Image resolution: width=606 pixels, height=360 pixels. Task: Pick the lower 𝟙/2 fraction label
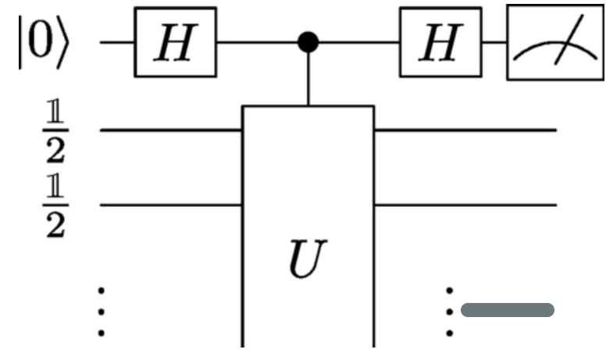(54, 205)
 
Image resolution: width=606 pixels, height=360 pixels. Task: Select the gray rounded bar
(508, 311)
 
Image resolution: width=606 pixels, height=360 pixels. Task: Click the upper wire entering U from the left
(172, 130)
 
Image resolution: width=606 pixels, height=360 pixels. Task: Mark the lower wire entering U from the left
(172, 205)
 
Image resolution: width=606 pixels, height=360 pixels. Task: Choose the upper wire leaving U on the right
(465, 130)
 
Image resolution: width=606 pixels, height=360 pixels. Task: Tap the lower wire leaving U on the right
(465, 205)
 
